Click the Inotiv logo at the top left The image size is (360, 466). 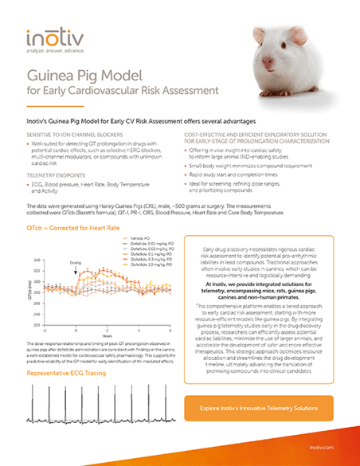click(x=53, y=37)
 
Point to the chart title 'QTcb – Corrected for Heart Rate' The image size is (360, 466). click(x=70, y=229)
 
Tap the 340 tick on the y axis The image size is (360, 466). click(x=38, y=260)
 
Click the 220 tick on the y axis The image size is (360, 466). click(x=38, y=325)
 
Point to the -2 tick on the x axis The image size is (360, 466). click(x=45, y=330)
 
